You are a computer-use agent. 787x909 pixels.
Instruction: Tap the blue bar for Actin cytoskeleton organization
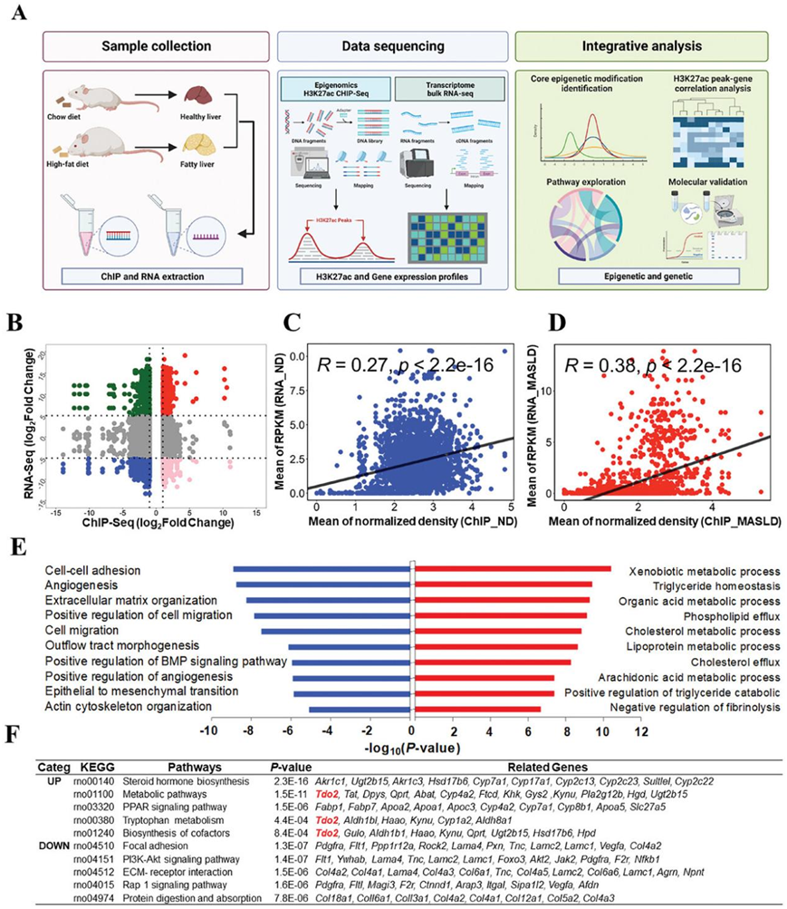pos(360,709)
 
